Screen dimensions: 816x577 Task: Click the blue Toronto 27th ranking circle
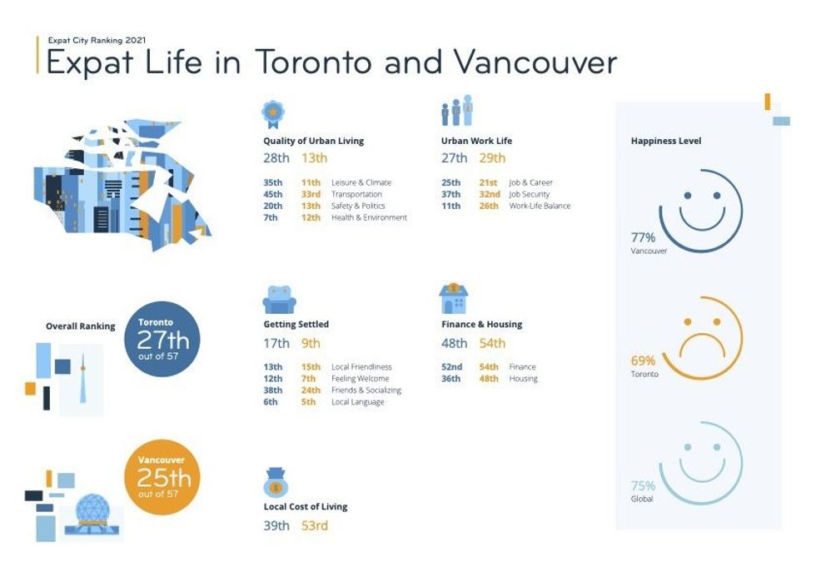[162, 339]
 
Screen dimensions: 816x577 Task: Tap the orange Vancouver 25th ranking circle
[162, 477]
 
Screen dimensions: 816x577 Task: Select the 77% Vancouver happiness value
[643, 238]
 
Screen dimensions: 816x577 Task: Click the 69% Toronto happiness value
[643, 361]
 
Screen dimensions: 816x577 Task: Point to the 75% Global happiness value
[643, 486]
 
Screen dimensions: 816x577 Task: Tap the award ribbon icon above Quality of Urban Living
[273, 114]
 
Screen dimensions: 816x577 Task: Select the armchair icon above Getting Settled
[280, 300]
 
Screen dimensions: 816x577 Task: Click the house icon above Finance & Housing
[453, 299]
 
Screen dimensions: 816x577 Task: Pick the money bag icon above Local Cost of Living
[276, 482]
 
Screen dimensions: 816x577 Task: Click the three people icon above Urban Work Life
[457, 110]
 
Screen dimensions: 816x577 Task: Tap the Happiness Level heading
[666, 141]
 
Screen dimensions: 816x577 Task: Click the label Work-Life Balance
[540, 206]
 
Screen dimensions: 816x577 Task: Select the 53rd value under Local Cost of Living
[315, 525]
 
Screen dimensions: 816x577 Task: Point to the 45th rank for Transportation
[273, 194]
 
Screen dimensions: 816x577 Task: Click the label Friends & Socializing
[366, 390]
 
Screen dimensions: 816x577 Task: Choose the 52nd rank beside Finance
[451, 367]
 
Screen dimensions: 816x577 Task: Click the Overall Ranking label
[81, 326]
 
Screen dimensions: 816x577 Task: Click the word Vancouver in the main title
[535, 62]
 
